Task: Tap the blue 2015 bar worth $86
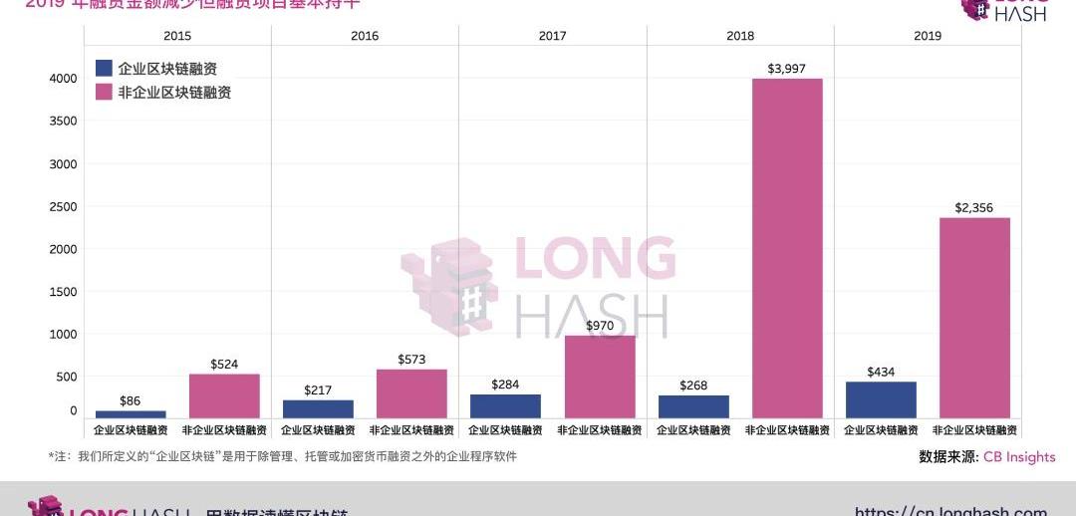click(131, 413)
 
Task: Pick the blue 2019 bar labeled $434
click(881, 399)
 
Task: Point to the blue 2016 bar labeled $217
click(318, 408)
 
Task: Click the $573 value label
click(411, 359)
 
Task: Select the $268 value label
click(693, 386)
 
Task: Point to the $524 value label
click(224, 365)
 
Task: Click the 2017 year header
click(552, 36)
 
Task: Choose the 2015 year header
click(177, 36)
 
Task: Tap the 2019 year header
click(928, 36)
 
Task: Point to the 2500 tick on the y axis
click(63, 206)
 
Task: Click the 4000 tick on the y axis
click(63, 79)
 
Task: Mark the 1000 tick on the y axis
click(63, 335)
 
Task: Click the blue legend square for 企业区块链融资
click(104, 69)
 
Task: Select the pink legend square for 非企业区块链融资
click(104, 92)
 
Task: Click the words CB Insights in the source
click(1019, 456)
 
